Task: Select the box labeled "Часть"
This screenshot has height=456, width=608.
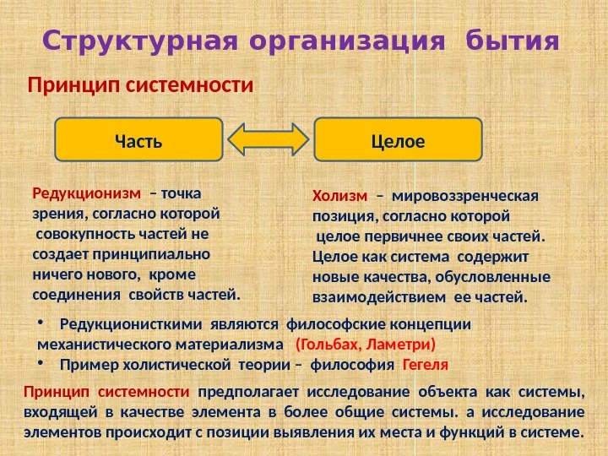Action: point(138,139)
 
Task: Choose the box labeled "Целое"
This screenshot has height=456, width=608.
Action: point(397,139)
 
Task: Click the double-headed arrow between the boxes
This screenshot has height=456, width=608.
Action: point(268,139)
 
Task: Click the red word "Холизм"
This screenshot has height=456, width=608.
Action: point(339,197)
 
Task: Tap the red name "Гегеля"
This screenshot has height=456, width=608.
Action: point(426,366)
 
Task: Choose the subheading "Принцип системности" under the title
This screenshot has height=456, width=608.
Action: point(141,86)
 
